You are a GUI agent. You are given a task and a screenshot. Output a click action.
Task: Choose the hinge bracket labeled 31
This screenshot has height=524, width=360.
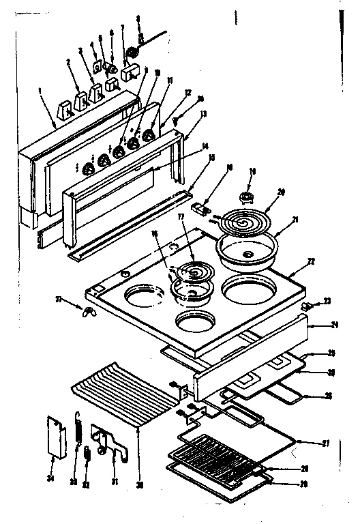(x=110, y=444)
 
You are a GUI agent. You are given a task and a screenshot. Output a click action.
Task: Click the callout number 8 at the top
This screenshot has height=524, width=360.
(x=138, y=19)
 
